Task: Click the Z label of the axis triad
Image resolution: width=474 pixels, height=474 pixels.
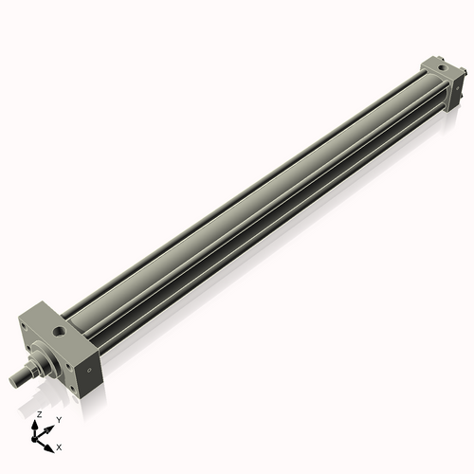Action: (x=39, y=415)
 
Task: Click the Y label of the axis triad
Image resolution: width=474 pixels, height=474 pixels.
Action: (x=58, y=420)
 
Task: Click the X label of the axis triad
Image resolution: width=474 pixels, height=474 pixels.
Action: (x=59, y=446)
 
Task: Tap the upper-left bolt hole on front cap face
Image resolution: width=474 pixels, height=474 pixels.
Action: (x=23, y=327)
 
